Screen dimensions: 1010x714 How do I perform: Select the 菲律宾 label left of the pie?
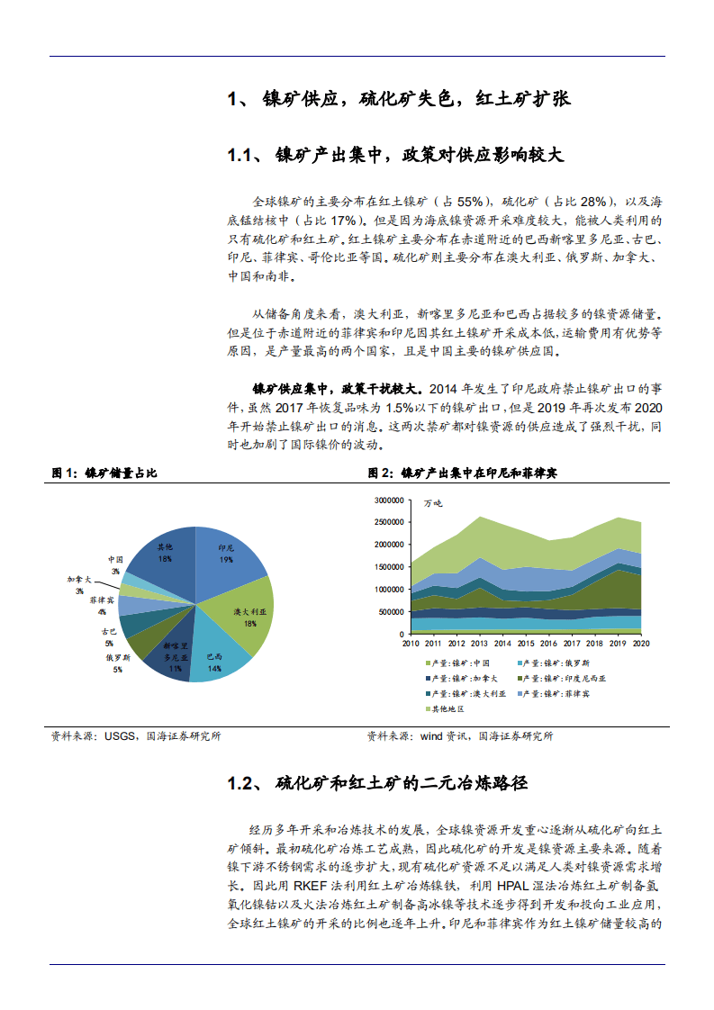point(101,600)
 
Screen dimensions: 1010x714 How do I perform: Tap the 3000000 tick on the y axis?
point(384,500)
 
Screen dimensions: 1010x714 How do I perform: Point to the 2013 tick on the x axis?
point(480,644)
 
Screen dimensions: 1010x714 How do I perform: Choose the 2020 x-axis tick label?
point(641,644)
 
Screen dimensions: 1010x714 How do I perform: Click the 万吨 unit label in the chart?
point(433,505)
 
